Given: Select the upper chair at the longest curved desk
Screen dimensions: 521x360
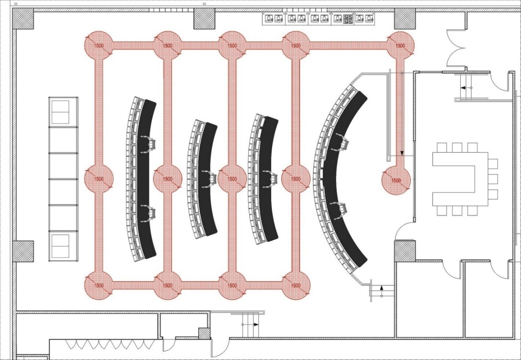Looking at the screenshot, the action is click(x=341, y=142).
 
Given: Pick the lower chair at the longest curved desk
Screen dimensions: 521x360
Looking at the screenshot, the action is click(x=341, y=210).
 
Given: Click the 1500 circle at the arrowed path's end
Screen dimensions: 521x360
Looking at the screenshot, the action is click(x=396, y=180).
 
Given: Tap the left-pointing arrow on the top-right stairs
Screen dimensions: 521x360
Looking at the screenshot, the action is click(x=463, y=88).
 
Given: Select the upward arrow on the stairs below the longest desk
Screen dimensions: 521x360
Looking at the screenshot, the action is click(x=381, y=288).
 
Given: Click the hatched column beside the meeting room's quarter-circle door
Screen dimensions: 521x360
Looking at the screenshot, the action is click(x=405, y=251).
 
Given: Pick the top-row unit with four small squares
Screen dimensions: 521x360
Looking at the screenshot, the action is click(x=348, y=19).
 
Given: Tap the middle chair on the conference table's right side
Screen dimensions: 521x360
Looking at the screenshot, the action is click(x=493, y=179).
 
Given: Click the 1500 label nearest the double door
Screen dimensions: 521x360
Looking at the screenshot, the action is click(x=400, y=45).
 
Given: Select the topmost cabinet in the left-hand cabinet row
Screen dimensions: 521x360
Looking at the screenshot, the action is click(x=63, y=112).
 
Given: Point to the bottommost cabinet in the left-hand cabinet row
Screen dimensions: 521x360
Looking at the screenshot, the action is click(x=63, y=246).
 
